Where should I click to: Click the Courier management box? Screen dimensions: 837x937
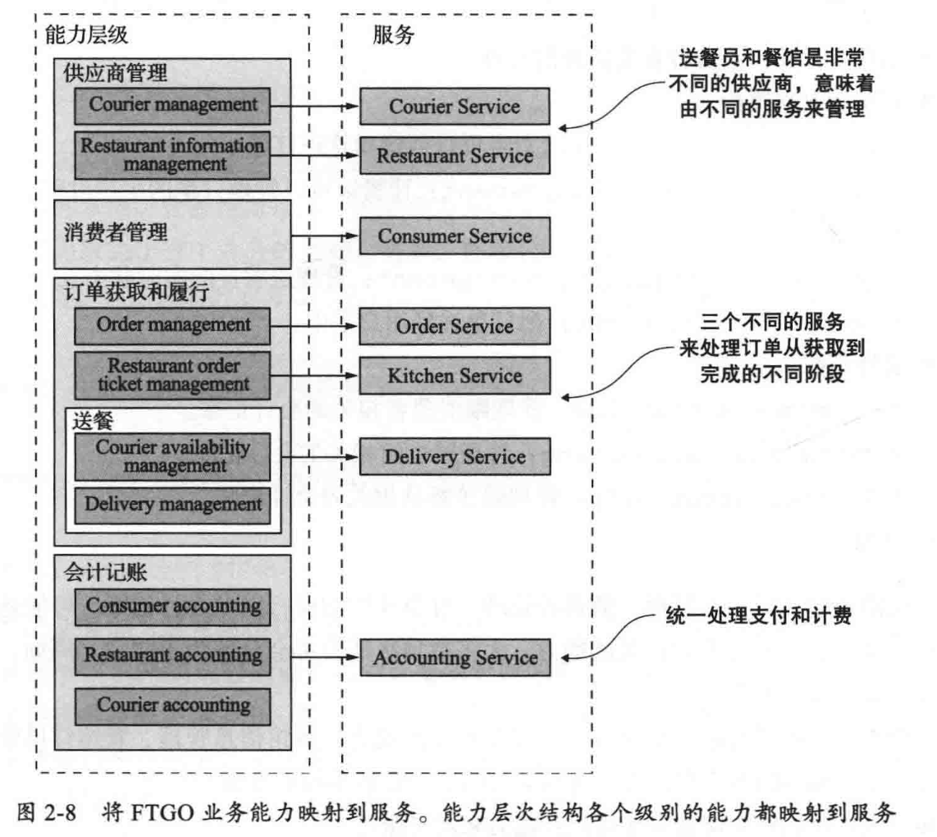172,105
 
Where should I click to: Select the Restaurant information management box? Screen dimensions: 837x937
172,154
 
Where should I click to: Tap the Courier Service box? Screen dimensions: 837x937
455,107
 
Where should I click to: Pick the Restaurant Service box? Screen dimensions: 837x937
455,155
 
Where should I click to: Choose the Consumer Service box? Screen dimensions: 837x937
455,236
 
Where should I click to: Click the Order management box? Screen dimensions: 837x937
172,325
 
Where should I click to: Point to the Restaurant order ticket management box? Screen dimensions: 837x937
172,373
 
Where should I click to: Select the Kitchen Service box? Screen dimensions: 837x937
455,376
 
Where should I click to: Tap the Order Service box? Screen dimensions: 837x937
455,327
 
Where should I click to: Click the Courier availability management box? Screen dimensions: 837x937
172,456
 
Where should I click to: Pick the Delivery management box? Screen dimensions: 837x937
172,503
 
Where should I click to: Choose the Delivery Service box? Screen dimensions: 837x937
455,456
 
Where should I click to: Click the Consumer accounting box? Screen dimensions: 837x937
172,607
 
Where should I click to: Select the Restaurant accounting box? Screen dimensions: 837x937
172,656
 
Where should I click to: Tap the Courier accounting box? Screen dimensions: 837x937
172,704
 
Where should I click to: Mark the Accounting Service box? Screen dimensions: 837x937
455,657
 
